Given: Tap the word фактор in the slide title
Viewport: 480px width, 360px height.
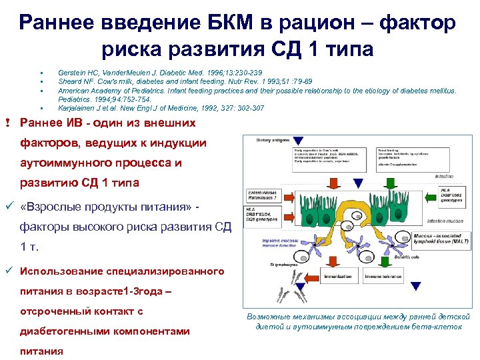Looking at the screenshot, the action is click(418, 23).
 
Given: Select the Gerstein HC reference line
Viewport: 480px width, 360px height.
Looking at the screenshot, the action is click(160, 72).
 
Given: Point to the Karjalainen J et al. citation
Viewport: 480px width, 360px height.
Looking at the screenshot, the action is click(161, 108).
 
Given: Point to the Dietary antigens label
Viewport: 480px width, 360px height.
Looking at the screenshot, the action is click(263, 141).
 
